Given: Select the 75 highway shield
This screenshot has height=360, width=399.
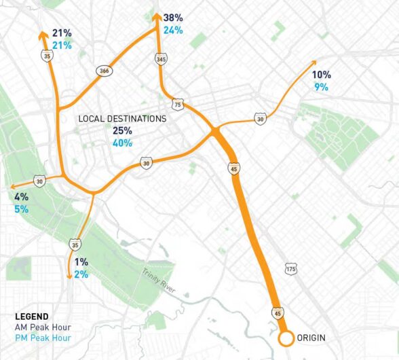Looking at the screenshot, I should pyautogui.click(x=178, y=105).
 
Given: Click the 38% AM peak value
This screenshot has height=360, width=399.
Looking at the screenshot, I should pyautogui.click(x=173, y=18).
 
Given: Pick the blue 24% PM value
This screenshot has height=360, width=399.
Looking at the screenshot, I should pyautogui.click(x=173, y=31).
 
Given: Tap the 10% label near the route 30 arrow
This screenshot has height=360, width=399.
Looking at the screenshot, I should pyautogui.click(x=321, y=75).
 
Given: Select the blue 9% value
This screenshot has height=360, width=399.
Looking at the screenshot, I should pyautogui.click(x=321, y=87).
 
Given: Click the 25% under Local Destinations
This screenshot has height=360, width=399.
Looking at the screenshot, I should pyautogui.click(x=122, y=130).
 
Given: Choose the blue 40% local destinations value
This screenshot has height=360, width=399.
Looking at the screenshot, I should pyautogui.click(x=122, y=143).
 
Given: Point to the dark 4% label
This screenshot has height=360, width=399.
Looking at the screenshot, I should pyautogui.click(x=21, y=197).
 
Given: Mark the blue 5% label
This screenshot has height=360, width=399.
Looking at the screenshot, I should pyautogui.click(x=21, y=209).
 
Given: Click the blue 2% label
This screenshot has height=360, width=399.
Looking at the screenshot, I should pyautogui.click(x=81, y=274).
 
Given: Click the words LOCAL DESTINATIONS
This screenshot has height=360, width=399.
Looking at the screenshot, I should pyautogui.click(x=122, y=118).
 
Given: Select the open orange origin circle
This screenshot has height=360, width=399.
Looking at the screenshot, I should pyautogui.click(x=286, y=338).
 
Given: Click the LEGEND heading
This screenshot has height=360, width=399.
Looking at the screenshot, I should pyautogui.click(x=31, y=317).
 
